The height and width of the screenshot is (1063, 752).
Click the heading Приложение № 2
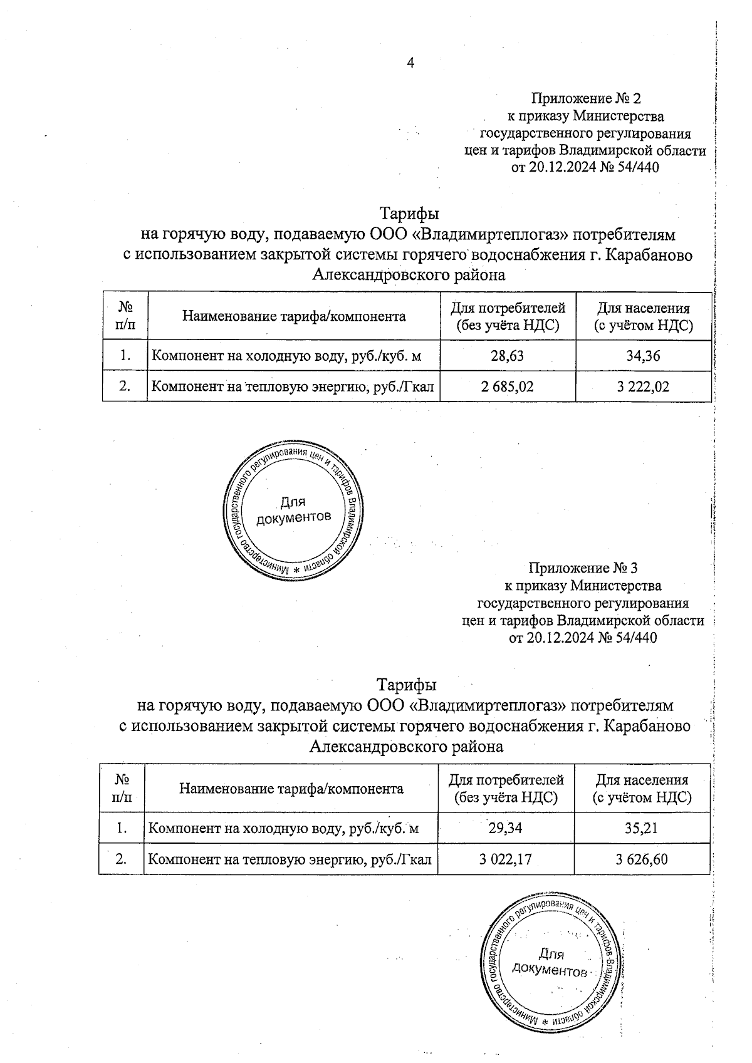(585, 98)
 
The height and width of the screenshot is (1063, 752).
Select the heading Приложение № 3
(583, 568)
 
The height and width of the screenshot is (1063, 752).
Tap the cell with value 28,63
(507, 356)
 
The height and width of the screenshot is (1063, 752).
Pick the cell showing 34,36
(643, 356)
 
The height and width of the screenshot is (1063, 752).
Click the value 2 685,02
(507, 386)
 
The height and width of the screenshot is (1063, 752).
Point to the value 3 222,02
(643, 386)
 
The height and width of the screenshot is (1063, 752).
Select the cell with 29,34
(505, 828)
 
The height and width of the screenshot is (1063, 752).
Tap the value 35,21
(641, 828)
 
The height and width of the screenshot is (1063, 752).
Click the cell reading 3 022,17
(505, 859)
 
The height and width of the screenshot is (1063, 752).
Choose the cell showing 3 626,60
(641, 859)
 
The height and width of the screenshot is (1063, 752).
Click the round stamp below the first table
(293, 510)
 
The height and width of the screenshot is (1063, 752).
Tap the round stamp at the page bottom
(550, 963)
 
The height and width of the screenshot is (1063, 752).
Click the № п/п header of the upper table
(125, 316)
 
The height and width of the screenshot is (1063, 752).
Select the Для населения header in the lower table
(642, 788)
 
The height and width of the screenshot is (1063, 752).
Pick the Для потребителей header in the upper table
(508, 316)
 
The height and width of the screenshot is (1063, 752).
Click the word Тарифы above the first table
(409, 214)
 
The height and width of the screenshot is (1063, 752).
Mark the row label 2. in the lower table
(121, 859)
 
